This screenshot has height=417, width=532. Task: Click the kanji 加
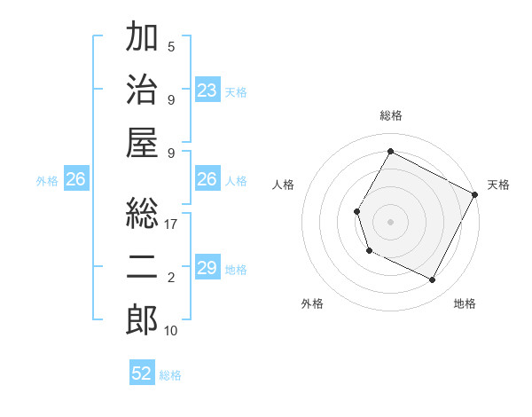pyautogui.click(x=142, y=38)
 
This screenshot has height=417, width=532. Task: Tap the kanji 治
pyautogui.click(x=142, y=90)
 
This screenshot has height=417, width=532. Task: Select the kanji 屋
pyautogui.click(x=142, y=143)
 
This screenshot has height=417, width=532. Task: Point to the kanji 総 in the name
pyautogui.click(x=142, y=213)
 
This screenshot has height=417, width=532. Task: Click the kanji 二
pyautogui.click(x=142, y=265)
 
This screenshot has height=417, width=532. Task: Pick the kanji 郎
pyautogui.click(x=142, y=319)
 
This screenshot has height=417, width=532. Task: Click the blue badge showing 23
pyautogui.click(x=207, y=90)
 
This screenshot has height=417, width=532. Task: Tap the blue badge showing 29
pyautogui.click(x=207, y=269)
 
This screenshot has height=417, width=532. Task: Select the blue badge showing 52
pyautogui.click(x=142, y=374)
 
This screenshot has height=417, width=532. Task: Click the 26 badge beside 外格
pyautogui.click(x=75, y=180)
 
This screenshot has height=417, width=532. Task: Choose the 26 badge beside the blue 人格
pyautogui.click(x=207, y=180)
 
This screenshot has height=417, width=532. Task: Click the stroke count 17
pyautogui.click(x=171, y=224)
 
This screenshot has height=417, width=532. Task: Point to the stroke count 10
pyautogui.click(x=171, y=331)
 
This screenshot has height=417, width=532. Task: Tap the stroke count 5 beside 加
pyautogui.click(x=171, y=46)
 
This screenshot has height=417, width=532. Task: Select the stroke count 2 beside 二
pyautogui.click(x=171, y=278)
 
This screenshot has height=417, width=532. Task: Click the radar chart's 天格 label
pyautogui.click(x=498, y=185)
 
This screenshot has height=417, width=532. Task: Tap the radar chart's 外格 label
pyautogui.click(x=312, y=303)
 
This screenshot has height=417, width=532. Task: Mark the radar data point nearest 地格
pyautogui.click(x=433, y=280)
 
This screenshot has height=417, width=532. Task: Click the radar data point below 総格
pyautogui.click(x=390, y=151)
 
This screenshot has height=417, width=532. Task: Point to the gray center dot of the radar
pyautogui.click(x=390, y=221)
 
